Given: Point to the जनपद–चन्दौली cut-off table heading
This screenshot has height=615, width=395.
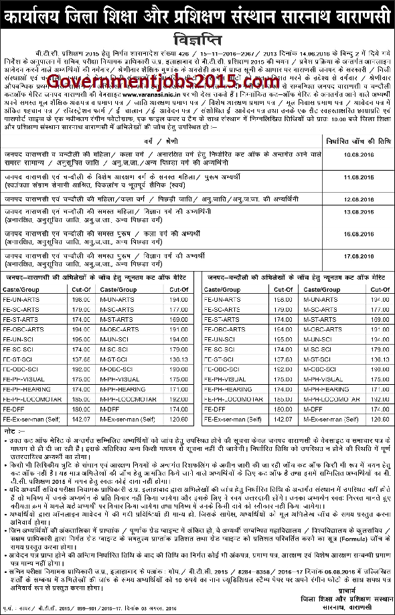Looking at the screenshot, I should pos(295,276).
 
